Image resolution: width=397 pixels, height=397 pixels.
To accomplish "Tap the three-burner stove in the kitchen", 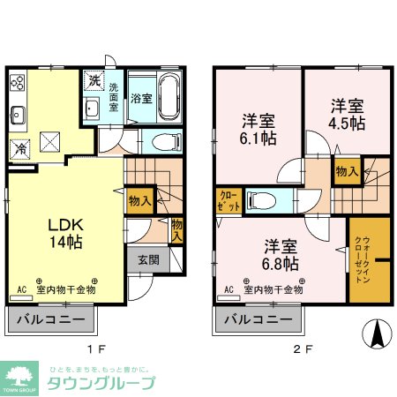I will (18, 84).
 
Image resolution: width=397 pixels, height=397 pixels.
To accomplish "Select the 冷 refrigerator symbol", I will (19, 147).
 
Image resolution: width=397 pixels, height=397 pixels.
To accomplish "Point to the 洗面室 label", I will (114, 97).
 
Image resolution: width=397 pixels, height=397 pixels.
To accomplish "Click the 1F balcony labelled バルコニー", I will (49, 318).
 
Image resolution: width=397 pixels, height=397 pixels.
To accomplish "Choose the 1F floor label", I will (102, 348).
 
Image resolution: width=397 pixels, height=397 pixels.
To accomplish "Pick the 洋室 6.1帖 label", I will (256, 131).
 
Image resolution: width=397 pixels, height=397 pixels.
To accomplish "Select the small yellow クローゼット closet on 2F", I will (225, 199).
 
